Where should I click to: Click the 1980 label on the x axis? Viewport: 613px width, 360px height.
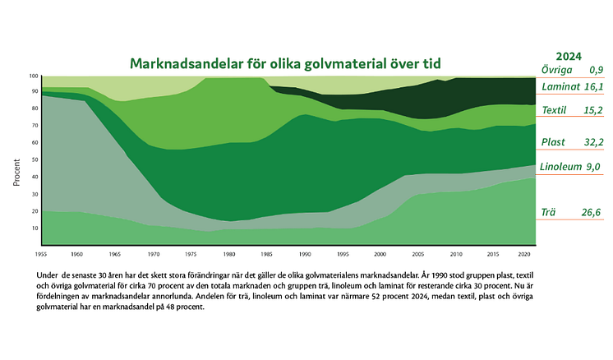point(229,255)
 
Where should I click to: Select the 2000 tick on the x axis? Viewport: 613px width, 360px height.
point(379,255)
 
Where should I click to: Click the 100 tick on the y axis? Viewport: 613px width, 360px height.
point(34,76)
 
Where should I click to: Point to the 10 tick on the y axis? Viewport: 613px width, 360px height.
point(35,228)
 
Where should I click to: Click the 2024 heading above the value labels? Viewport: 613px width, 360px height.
point(569,57)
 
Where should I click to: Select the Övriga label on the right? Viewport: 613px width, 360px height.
point(556,69)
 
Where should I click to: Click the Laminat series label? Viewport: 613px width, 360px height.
point(561,85)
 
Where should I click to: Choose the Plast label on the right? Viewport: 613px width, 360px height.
point(555,142)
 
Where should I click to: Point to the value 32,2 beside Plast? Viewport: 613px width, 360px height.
point(592,142)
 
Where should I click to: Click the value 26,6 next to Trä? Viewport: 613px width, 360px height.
point(592,212)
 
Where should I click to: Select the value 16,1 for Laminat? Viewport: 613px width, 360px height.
point(593,85)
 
